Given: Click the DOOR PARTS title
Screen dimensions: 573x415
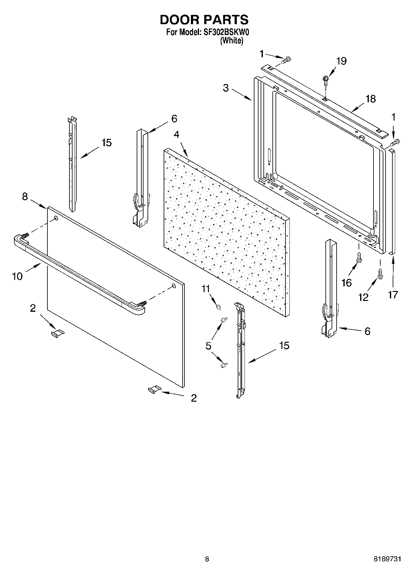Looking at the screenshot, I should click(x=204, y=20).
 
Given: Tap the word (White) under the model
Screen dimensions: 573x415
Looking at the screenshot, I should click(x=231, y=41).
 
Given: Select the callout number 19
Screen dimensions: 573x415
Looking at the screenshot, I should click(x=341, y=61).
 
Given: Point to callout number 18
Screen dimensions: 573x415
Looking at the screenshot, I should click(x=370, y=99).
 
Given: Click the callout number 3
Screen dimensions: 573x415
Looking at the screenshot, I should click(x=226, y=88).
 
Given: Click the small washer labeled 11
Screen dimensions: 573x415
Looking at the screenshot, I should click(x=218, y=307).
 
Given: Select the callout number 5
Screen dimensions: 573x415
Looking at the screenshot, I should click(x=208, y=346).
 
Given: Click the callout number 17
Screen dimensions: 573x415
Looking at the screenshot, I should click(x=393, y=294).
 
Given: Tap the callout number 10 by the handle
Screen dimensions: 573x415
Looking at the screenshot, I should click(x=17, y=276).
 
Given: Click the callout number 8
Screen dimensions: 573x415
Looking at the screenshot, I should click(x=25, y=196).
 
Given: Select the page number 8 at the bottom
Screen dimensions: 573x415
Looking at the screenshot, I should click(x=207, y=559).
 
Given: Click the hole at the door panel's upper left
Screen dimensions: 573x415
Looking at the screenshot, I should click(x=56, y=218).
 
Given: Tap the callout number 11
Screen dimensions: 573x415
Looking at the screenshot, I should click(x=205, y=289).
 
